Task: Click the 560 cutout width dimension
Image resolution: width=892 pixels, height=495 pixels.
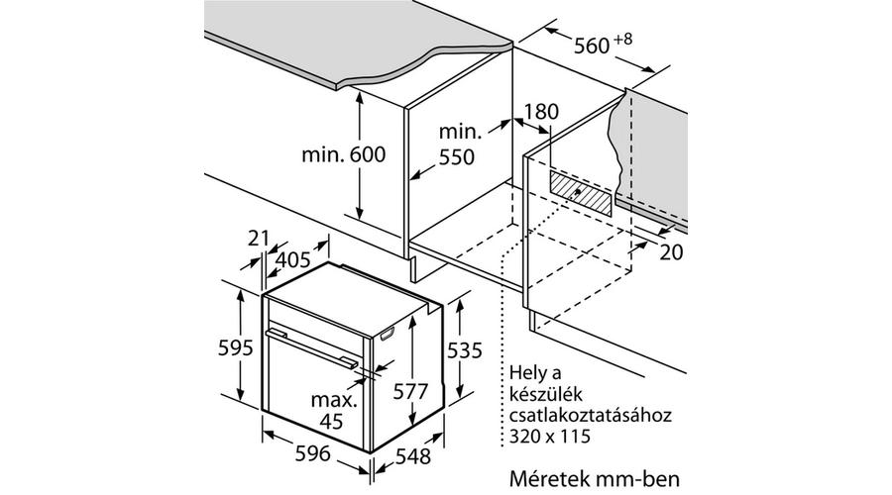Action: [x=592, y=46]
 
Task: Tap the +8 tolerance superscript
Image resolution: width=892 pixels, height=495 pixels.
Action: [x=623, y=40]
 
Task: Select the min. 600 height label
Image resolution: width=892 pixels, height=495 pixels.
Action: [x=344, y=154]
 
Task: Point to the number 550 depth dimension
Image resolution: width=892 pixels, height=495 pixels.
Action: [x=456, y=156]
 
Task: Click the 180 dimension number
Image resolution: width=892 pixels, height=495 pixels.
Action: [x=541, y=112]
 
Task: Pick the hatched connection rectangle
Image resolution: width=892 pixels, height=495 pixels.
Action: [x=580, y=192]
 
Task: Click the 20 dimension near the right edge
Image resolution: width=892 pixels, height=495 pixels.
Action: [x=671, y=251]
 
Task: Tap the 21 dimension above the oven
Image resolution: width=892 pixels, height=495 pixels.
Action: [x=259, y=239]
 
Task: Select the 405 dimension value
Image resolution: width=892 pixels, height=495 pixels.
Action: [x=293, y=259]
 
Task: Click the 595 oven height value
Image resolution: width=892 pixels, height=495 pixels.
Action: [x=236, y=347]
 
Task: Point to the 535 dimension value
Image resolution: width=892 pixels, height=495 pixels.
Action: [x=464, y=350]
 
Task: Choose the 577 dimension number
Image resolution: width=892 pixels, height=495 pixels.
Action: [x=410, y=392]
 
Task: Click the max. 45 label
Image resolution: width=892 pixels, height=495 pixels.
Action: [x=333, y=410]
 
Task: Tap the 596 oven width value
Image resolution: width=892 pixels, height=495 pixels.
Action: [x=313, y=453]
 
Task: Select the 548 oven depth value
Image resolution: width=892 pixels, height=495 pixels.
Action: [x=413, y=455]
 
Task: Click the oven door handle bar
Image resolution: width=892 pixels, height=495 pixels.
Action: [x=312, y=346]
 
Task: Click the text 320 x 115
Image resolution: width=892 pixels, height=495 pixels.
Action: [x=549, y=437]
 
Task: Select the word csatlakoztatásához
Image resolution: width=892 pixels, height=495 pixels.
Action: [x=591, y=415]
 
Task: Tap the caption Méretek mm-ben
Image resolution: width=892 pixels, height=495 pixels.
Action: [x=595, y=478]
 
